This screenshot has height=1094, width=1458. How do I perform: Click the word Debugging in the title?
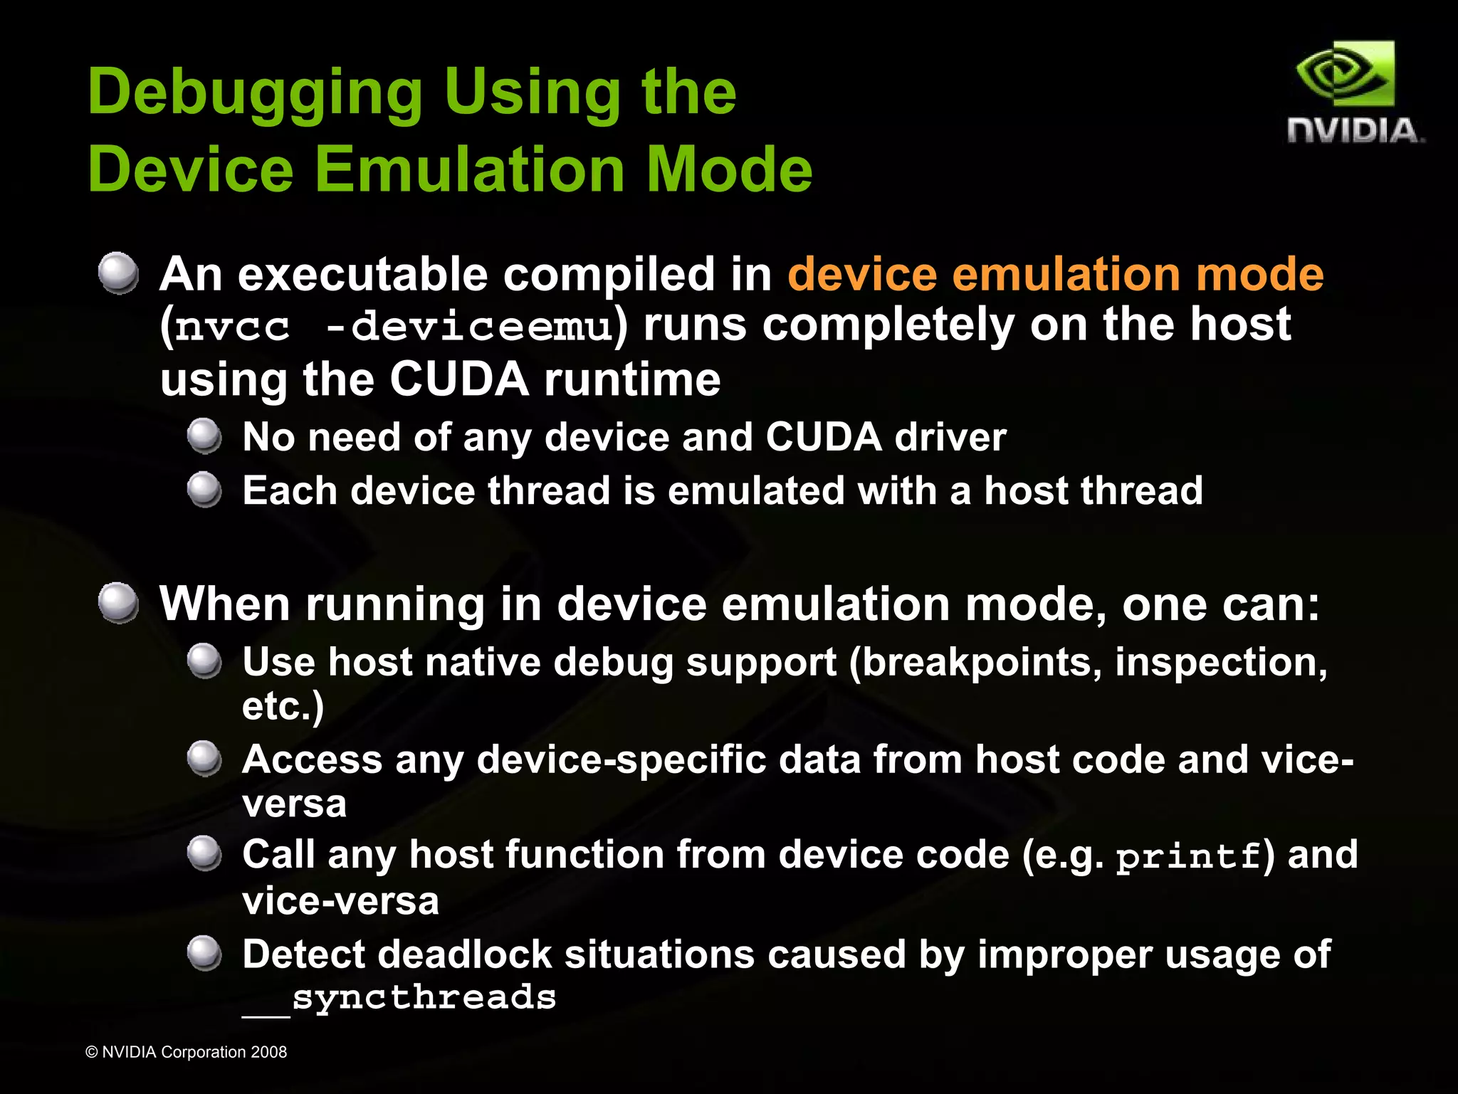255,93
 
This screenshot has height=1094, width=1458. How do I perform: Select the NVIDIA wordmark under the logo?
1355,131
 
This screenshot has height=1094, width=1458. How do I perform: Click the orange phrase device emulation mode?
1055,274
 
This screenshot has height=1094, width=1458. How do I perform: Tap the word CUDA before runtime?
459,379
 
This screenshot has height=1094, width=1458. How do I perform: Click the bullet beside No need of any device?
205,436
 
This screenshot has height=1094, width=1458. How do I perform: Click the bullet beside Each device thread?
205,490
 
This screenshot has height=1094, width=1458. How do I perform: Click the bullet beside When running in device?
118,604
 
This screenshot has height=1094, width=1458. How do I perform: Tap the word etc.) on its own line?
283,706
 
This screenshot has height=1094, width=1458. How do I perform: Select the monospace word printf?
1187,856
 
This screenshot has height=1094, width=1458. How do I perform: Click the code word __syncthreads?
399,998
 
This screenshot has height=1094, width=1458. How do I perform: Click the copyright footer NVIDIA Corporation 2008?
186,1052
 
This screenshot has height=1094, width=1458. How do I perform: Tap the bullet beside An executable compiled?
118,273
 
